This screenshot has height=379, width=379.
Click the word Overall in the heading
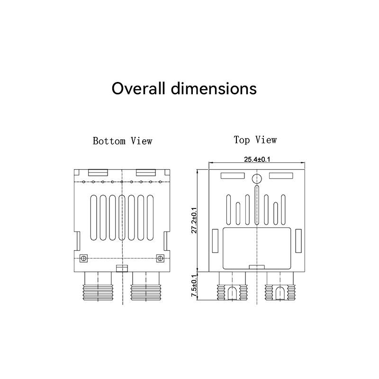click(x=138, y=88)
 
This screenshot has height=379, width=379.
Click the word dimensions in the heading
click(x=214, y=88)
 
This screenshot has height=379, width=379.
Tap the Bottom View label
click(x=123, y=141)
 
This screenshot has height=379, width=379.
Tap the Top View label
click(x=255, y=140)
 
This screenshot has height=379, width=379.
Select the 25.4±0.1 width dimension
click(x=257, y=160)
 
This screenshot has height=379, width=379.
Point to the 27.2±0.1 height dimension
click(x=194, y=220)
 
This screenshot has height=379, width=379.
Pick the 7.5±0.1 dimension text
click(x=194, y=286)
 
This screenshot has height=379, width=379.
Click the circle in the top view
click(x=257, y=179)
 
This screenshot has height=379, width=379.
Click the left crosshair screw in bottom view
click(x=83, y=258)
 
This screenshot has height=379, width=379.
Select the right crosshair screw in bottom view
click(x=160, y=258)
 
